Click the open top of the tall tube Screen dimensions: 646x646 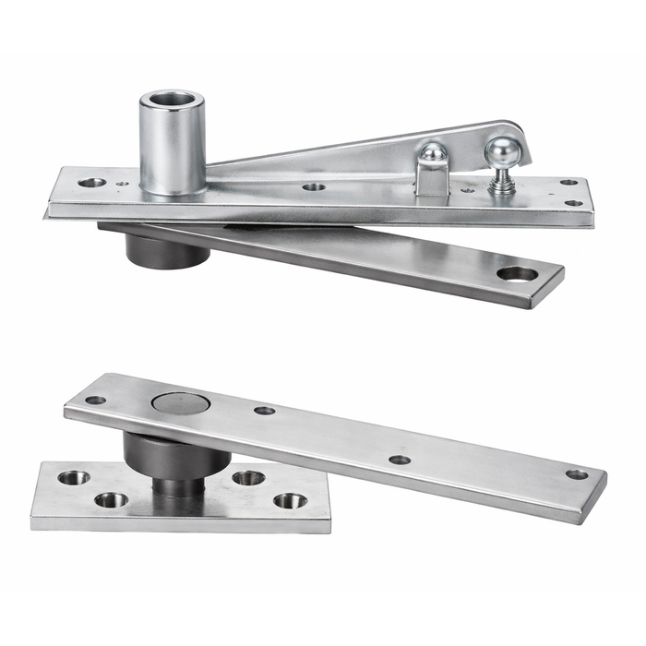coord(173,98)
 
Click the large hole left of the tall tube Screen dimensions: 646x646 coord(91,183)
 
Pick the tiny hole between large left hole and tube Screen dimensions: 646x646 coord(124,183)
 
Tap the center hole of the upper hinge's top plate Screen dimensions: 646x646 coord(314,186)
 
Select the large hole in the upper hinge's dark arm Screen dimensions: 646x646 coord(516,274)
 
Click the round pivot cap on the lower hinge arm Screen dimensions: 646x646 coord(180,402)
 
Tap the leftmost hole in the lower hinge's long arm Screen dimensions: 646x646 coord(95,401)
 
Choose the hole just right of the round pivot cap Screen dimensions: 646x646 coord(265,411)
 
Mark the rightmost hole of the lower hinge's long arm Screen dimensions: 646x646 coord(577,474)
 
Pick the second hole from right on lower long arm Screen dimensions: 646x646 coord(400,460)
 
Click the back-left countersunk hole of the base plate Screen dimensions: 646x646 coord(74,478)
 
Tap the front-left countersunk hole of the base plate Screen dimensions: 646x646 coord(111,500)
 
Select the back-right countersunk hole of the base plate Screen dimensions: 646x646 coord(248,478)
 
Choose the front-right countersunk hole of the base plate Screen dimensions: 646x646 coord(290,501)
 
